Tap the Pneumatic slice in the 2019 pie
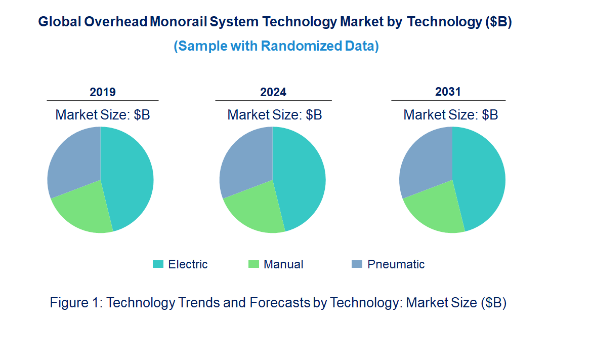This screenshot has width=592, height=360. pyautogui.click(x=73, y=159)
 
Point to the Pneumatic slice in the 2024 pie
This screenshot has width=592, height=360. pyautogui.click(x=245, y=159)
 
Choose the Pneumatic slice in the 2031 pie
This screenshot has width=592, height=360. pyautogui.click(x=425, y=159)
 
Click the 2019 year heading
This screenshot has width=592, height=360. pyautogui.click(x=103, y=92)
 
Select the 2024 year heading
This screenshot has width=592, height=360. pyautogui.click(x=273, y=92)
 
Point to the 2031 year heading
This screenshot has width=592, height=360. pyautogui.click(x=448, y=92)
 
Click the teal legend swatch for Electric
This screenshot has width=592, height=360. pyautogui.click(x=158, y=264)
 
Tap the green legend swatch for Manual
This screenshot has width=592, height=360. pyautogui.click(x=253, y=264)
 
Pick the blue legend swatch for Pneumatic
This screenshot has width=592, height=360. pyautogui.click(x=357, y=264)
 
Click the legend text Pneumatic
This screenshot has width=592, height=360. pyautogui.click(x=396, y=264)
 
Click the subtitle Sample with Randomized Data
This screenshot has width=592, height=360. pyautogui.click(x=276, y=46)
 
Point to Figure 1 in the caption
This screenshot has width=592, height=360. pyautogui.click(x=76, y=303)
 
